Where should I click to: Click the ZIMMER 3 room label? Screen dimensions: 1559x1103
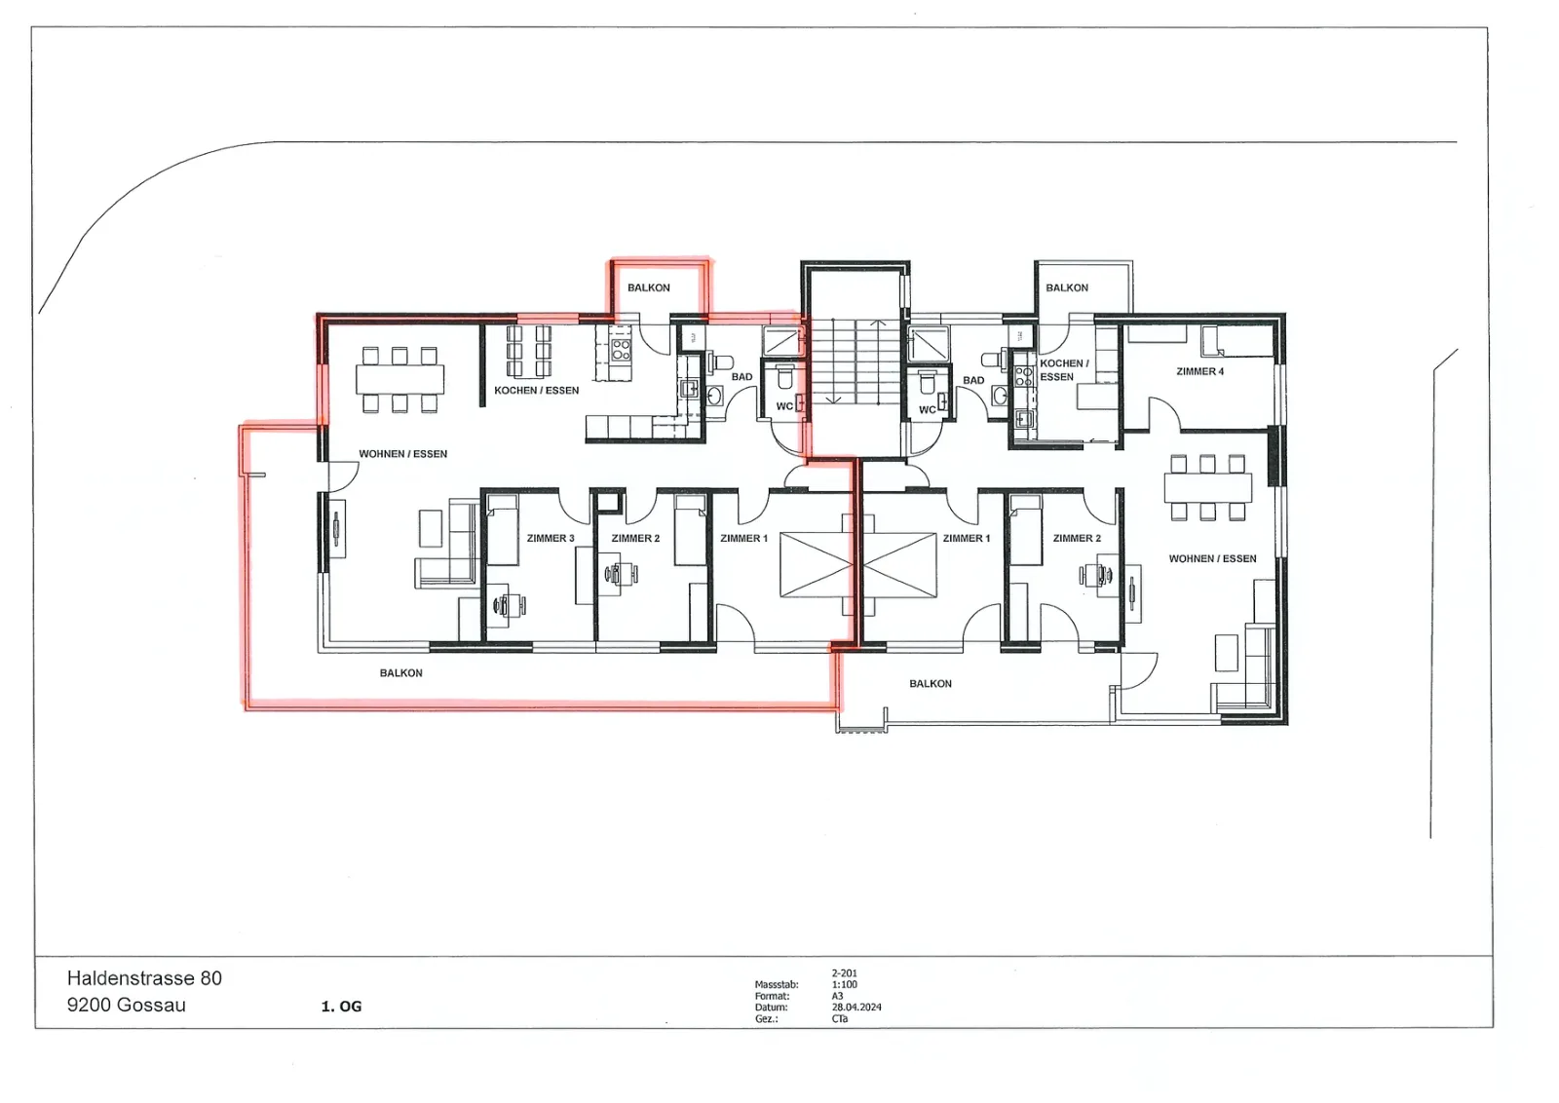click(x=551, y=538)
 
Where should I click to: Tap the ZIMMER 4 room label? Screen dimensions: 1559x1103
click(x=1199, y=371)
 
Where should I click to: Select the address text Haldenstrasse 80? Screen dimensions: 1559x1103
click(x=144, y=978)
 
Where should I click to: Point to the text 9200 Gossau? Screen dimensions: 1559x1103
click(x=127, y=1005)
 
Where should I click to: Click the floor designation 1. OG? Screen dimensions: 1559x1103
click(x=341, y=1007)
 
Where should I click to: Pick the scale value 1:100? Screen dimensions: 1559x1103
click(x=844, y=985)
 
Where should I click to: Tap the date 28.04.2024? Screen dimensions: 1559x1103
click(x=856, y=1007)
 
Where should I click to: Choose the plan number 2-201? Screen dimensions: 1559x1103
click(x=844, y=973)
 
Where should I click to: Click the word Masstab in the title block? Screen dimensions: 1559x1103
click(x=776, y=985)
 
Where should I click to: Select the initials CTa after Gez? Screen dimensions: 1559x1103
click(x=839, y=1019)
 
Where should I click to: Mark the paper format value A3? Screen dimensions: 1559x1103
click(x=837, y=996)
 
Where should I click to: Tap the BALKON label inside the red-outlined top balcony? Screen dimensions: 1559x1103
click(x=649, y=288)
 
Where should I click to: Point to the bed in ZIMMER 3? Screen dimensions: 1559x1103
click(x=502, y=530)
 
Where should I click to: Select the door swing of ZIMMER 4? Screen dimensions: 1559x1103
click(x=1163, y=413)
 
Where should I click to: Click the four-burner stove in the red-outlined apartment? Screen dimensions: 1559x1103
click(x=621, y=350)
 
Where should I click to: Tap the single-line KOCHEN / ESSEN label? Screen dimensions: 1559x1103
click(x=536, y=391)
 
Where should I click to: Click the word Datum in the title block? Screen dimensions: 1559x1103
click(x=771, y=1007)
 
